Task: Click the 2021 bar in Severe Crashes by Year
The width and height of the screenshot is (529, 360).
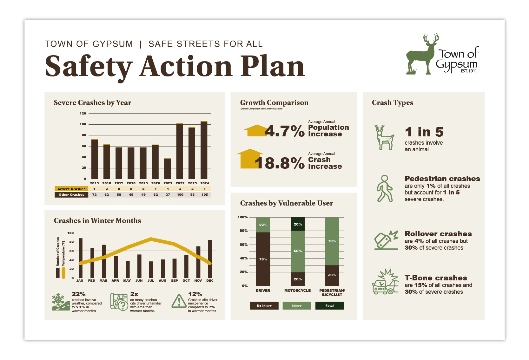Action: (x=168, y=168)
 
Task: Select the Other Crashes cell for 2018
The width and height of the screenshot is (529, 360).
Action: (x=131, y=195)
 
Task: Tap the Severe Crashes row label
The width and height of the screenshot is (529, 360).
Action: (x=71, y=189)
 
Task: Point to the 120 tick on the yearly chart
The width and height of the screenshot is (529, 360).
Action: (x=83, y=113)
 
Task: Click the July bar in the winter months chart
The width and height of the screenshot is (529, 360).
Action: (x=151, y=270)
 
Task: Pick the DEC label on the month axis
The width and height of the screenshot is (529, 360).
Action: (x=210, y=280)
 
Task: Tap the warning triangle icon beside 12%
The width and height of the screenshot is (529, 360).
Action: (x=179, y=301)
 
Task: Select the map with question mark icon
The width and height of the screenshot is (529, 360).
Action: (x=119, y=302)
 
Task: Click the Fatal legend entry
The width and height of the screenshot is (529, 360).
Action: (x=329, y=306)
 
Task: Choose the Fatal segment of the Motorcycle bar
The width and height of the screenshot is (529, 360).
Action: (x=298, y=224)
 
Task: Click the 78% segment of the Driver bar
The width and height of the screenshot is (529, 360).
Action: (x=263, y=259)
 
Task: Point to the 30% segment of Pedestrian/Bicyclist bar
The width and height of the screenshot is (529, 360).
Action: (x=332, y=275)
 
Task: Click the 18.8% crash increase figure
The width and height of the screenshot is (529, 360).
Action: (x=280, y=163)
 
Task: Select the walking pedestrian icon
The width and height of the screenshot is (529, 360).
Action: (x=385, y=188)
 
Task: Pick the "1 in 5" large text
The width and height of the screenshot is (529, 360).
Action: (x=424, y=132)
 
